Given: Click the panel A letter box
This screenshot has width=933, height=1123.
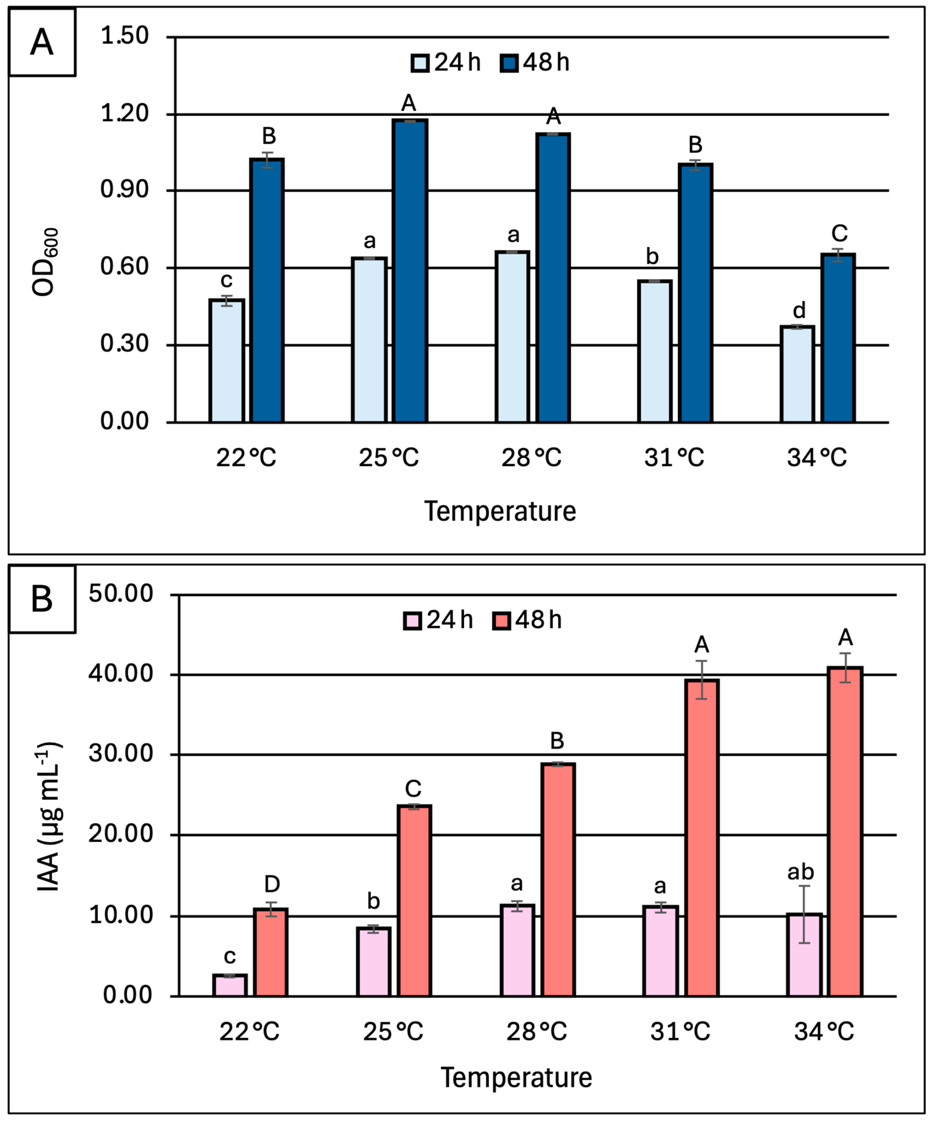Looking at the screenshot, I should click(x=42, y=42).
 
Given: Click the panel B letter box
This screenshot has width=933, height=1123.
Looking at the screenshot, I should click(x=42, y=599).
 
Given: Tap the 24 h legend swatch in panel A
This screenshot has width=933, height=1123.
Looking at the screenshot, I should click(x=420, y=63).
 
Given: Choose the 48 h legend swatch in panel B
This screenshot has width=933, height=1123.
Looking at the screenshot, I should click(x=501, y=621).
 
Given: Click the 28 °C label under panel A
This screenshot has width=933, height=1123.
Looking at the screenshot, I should click(x=531, y=458).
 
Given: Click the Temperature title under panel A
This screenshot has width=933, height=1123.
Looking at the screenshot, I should click(x=500, y=511).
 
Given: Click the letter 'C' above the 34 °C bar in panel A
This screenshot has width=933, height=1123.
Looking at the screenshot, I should click(x=839, y=233).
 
